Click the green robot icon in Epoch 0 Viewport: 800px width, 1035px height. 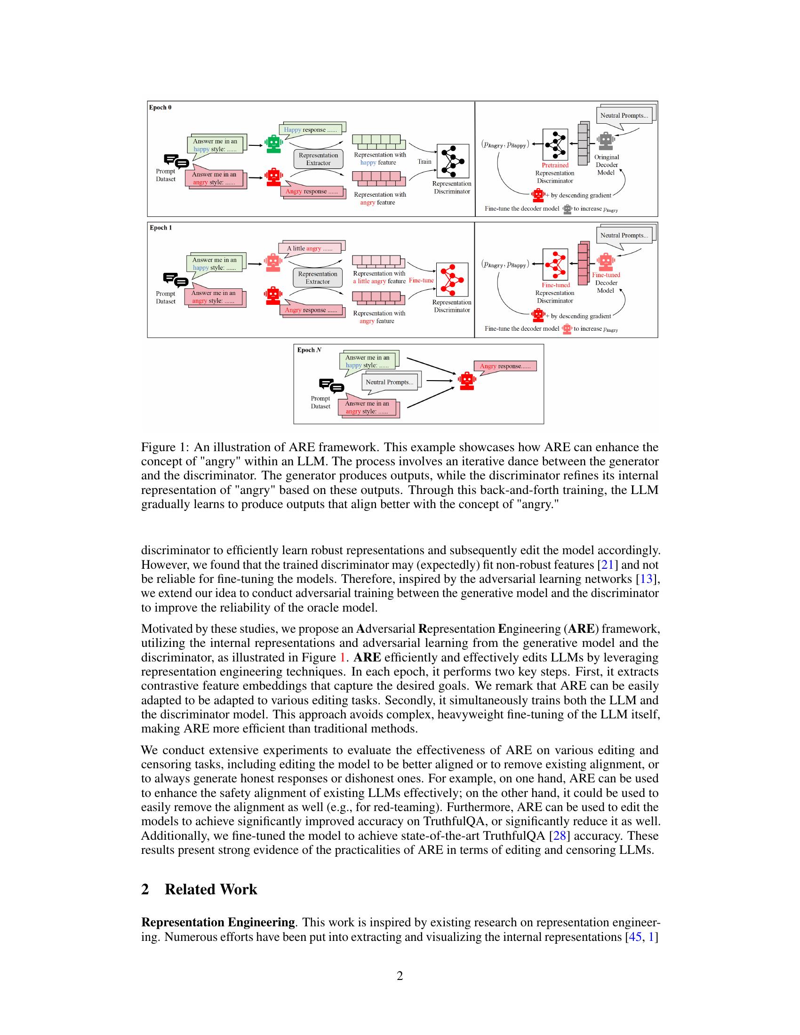pos(273,143)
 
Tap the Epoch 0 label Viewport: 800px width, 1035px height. pos(160,108)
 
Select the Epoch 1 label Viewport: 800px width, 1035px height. pos(160,228)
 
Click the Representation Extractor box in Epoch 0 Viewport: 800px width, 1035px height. pos(318,159)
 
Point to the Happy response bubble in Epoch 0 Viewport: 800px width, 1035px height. pos(311,129)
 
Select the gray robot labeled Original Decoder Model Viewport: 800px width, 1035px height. pos(605,141)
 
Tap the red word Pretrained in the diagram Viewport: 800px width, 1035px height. pos(555,165)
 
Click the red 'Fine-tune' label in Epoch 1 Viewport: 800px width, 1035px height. pos(421,280)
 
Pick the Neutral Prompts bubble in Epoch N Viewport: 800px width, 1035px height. pos(389,382)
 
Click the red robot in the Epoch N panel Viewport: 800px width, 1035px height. pos(467,381)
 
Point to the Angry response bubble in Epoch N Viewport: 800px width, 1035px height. pos(505,366)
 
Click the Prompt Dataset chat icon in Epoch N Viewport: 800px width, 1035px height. pos(331,386)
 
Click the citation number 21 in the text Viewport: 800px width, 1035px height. pos(607,565)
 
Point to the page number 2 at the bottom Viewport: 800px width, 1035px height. pos(400,975)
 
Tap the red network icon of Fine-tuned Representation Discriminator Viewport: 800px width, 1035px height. pos(555,264)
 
